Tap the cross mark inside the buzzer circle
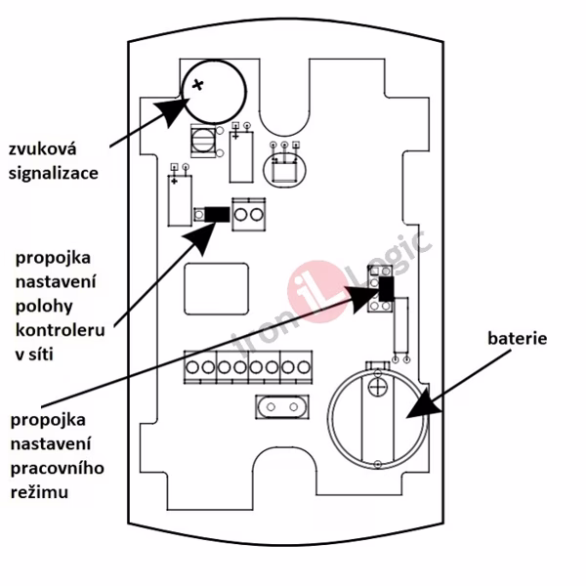[x=199, y=85]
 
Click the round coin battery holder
[x=376, y=415]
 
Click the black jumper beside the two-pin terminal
[x=212, y=213]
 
